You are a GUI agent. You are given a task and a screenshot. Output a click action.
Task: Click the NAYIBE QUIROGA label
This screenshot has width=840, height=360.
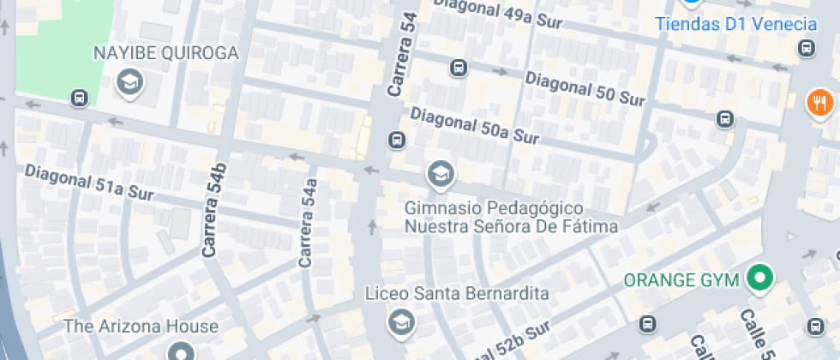[x=165, y=54]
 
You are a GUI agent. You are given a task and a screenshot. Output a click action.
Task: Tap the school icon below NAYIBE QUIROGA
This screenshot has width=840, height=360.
[x=130, y=83]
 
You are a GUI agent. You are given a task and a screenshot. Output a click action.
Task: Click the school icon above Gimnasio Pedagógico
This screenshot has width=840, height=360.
[x=441, y=174]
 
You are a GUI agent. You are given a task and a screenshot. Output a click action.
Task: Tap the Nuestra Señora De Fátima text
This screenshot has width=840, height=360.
[x=512, y=227]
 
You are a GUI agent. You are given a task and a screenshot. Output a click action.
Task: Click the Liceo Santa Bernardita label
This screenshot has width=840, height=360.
[x=457, y=293]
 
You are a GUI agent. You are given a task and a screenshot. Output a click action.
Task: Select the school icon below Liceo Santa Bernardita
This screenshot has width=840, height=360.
[x=399, y=323]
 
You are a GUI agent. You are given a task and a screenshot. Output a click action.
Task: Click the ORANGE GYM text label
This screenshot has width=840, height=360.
[x=681, y=279]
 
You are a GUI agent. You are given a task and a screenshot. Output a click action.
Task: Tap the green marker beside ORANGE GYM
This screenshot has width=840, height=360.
[x=759, y=278]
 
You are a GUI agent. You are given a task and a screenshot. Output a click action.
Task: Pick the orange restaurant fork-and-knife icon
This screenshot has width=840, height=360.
[x=820, y=104]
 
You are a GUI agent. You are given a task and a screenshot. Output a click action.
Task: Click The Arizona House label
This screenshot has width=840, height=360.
[x=141, y=327]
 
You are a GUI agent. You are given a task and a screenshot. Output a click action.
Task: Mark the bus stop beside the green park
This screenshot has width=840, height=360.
[x=80, y=98]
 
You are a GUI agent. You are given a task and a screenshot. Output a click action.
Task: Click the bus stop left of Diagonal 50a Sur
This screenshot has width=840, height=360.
[x=396, y=139]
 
